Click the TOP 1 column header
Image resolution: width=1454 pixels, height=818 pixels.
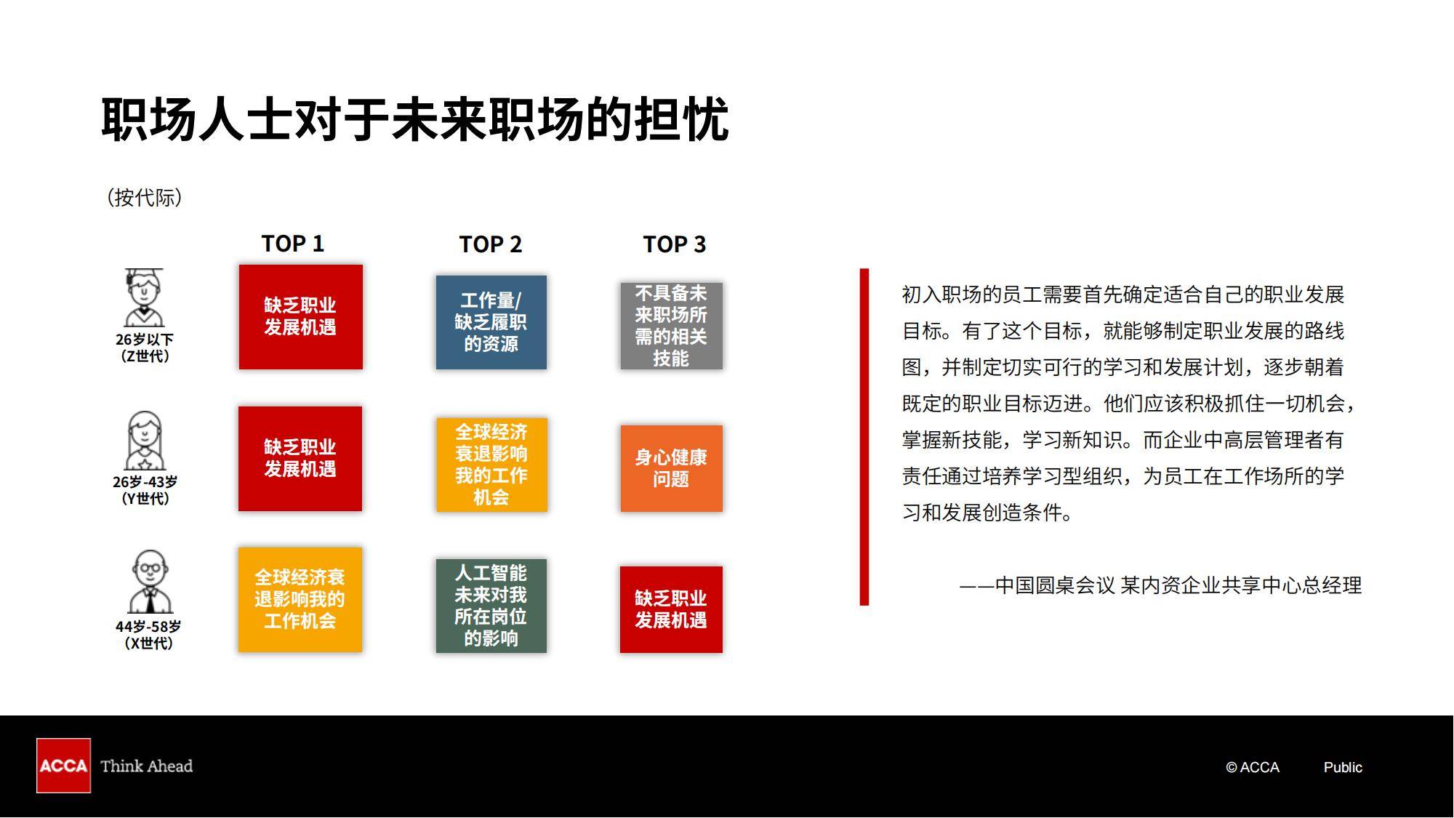292,244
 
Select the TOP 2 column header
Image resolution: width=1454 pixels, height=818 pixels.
491,244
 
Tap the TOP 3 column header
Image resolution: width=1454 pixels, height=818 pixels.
674,244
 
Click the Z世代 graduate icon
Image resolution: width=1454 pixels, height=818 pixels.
144,297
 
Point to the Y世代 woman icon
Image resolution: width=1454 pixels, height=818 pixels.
145,441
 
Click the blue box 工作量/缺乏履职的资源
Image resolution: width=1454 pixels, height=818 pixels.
491,322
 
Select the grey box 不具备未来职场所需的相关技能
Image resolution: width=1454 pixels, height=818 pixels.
671,326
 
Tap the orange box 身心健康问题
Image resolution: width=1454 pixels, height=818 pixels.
671,468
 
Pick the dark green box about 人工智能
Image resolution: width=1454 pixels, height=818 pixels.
491,606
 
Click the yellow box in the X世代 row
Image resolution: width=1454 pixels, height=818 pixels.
300,600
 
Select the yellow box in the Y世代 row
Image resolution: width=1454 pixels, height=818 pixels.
491,465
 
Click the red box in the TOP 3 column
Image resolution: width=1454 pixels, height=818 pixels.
671,609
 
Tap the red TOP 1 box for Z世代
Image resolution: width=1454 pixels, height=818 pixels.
300,317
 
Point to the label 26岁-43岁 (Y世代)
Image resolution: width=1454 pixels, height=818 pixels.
145,490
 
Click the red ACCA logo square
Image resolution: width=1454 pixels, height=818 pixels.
63,766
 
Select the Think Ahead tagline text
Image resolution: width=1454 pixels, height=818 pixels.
146,766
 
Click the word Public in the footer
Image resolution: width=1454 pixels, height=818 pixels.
1343,767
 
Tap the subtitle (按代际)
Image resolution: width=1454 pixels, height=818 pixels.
144,197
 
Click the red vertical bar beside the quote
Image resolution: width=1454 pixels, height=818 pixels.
864,436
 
